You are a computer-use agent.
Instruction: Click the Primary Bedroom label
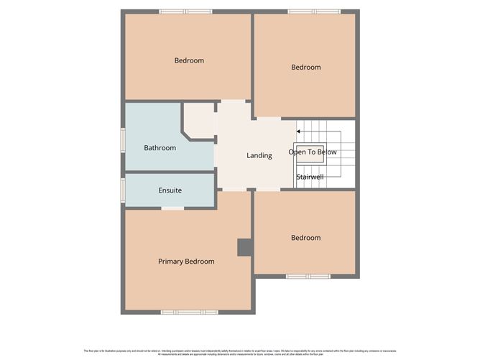click(x=186, y=262)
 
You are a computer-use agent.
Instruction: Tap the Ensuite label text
click(x=170, y=190)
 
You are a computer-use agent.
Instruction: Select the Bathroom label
click(x=160, y=148)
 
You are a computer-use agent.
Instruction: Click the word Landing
click(x=259, y=155)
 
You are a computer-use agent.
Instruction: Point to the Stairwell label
click(x=310, y=175)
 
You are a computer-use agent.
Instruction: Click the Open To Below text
click(x=313, y=152)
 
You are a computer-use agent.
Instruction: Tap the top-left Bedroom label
click(x=189, y=60)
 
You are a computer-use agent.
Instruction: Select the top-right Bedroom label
click(x=305, y=67)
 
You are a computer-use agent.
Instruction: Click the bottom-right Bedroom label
click(x=305, y=237)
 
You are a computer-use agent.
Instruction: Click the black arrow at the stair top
click(x=298, y=131)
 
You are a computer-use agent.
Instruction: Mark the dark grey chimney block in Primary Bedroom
click(x=244, y=247)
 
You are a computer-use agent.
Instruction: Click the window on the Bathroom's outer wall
click(x=123, y=139)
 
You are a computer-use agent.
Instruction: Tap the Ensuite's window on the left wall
click(x=123, y=190)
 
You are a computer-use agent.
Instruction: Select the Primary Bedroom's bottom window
click(x=189, y=312)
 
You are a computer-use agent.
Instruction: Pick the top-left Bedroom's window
click(x=185, y=11)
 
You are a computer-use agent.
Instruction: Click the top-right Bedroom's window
click(x=314, y=11)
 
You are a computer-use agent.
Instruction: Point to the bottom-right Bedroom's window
click(x=308, y=276)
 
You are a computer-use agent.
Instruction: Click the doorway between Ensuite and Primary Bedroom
click(x=172, y=208)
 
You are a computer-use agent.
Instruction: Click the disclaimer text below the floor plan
click(x=240, y=352)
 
